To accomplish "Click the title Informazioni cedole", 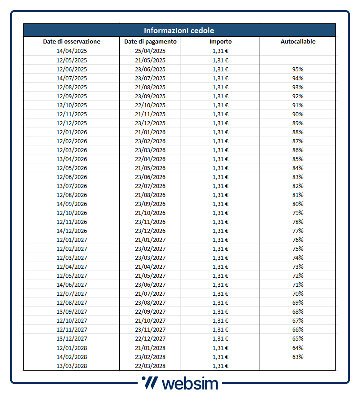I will [179, 31].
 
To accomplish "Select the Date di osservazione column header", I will [72, 42].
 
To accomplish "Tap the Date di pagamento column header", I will [150, 42].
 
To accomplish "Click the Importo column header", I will [221, 42].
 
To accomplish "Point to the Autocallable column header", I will [298, 42].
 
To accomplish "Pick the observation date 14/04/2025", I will [72, 51].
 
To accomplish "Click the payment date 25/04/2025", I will [150, 51].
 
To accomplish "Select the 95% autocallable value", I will [298, 69].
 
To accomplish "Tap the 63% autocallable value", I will [298, 357].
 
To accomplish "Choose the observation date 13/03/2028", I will [72, 366].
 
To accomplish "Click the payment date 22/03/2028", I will [150, 366].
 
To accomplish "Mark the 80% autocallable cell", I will [298, 204].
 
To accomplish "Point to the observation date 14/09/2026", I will [72, 204].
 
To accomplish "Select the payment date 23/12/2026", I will [150, 231].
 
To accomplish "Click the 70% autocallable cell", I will [298, 293].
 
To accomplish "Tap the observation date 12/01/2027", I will [72, 240].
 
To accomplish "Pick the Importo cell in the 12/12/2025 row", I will [221, 123].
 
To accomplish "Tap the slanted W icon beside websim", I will [149, 383].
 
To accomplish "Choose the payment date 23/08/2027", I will [150, 302].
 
